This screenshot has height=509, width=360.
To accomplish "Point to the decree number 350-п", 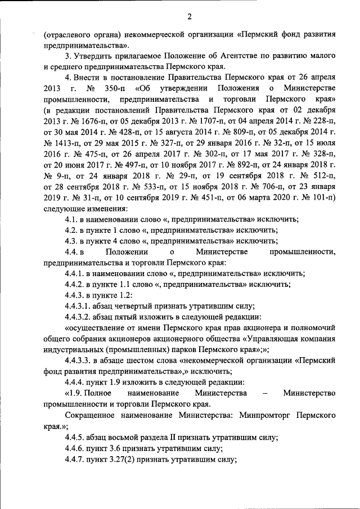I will [x=114, y=89].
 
